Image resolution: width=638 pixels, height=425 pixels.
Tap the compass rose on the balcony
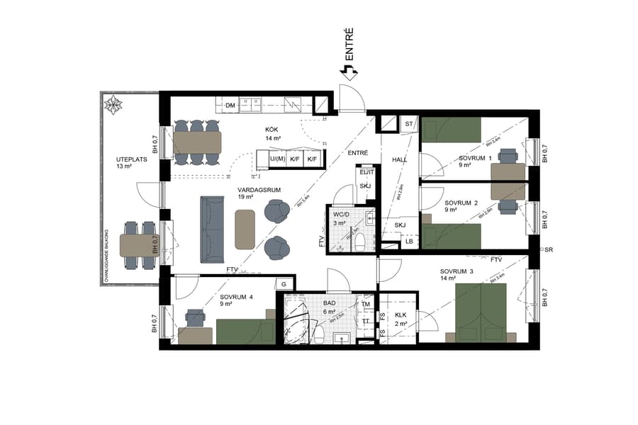[113, 106]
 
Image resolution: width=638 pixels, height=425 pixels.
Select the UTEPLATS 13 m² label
[131, 164]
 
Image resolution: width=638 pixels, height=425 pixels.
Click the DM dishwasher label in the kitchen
[230, 106]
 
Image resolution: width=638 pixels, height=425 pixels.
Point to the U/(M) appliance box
[277, 159]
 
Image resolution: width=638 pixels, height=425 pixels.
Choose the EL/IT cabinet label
[366, 172]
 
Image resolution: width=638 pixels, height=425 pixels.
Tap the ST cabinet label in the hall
[408, 124]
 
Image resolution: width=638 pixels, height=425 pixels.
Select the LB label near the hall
[409, 242]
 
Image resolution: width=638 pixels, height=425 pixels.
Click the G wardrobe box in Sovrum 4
[284, 284]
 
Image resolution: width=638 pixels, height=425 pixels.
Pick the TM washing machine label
[366, 305]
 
